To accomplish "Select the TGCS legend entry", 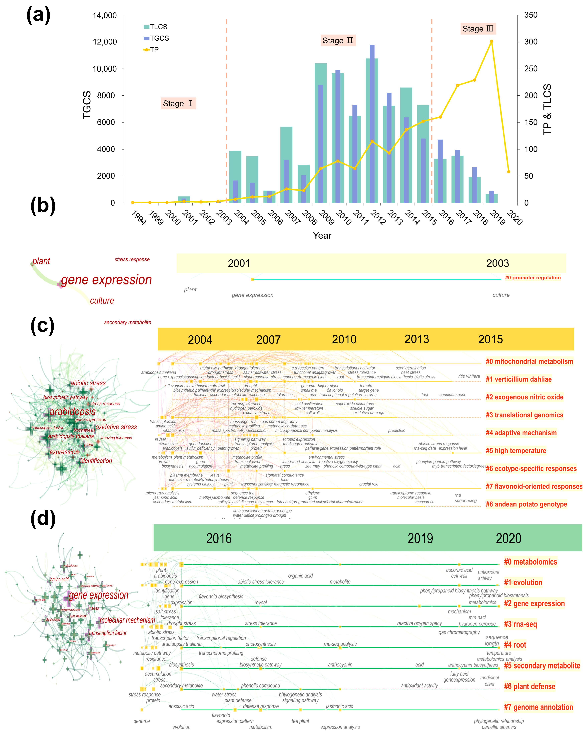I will (156, 38).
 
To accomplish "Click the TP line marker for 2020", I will (509, 172).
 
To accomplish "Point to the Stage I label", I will (178, 104).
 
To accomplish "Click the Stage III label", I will (478, 29).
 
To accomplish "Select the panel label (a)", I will (39, 15).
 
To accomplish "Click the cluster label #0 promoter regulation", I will (532, 278).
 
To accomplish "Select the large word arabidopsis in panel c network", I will (73, 412).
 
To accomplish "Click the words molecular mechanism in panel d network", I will (127, 620).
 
